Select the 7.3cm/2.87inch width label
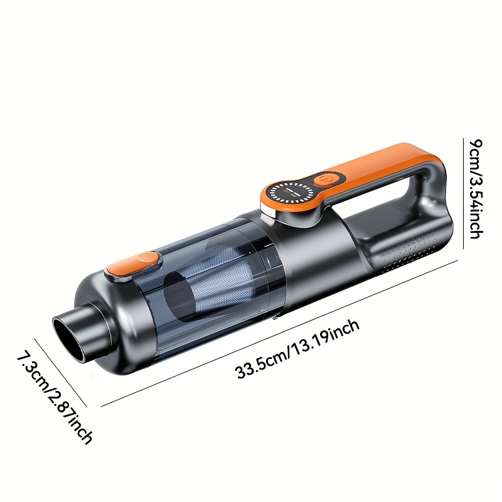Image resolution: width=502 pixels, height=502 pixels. pyautogui.click(x=55, y=396)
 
